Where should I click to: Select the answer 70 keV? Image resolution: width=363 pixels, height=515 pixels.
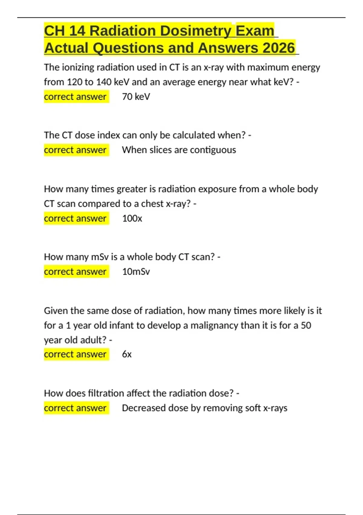click(136, 97)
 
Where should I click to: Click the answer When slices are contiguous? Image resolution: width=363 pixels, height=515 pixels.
click(179, 150)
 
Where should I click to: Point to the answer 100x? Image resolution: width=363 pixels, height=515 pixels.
click(132, 218)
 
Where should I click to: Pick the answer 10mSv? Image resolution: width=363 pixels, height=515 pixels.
click(136, 272)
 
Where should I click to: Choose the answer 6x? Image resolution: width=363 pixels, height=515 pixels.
click(127, 354)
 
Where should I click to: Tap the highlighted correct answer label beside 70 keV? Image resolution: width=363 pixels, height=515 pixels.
click(75, 97)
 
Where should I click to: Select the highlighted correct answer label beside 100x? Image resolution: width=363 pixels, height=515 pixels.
click(75, 218)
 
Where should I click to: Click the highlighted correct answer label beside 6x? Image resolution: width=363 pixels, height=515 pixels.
click(75, 354)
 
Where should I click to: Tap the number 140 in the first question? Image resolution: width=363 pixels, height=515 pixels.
click(104, 82)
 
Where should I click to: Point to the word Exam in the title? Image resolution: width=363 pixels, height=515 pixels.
click(255, 31)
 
